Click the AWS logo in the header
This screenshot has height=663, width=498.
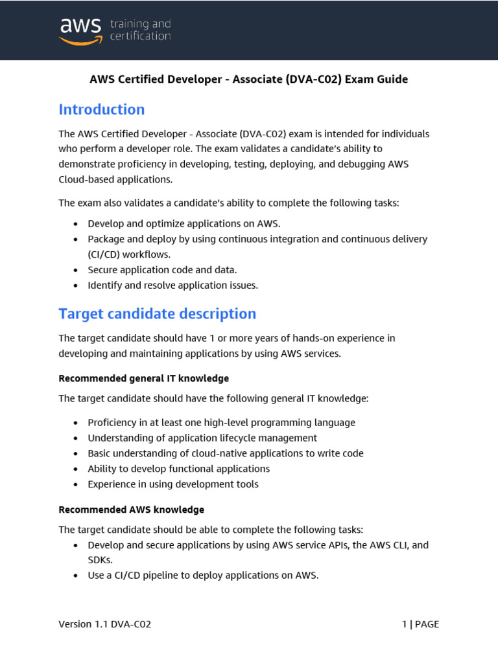(x=80, y=30)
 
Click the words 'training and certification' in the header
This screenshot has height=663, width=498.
(x=141, y=30)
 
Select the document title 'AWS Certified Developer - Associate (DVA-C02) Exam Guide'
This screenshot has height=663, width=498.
(x=248, y=79)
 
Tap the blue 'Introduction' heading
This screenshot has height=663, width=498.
(x=102, y=109)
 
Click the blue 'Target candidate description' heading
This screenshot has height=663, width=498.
(x=158, y=314)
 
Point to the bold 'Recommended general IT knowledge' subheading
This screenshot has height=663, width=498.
(x=143, y=378)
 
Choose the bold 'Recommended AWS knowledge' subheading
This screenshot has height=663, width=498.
(x=131, y=510)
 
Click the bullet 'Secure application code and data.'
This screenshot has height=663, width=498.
(x=162, y=270)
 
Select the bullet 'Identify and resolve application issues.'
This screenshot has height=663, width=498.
(x=172, y=286)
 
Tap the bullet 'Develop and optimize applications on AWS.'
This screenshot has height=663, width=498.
(x=184, y=223)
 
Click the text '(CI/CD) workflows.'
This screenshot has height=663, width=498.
(x=129, y=254)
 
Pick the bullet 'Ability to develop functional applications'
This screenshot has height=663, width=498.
(x=178, y=469)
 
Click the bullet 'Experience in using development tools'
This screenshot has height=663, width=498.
(x=172, y=484)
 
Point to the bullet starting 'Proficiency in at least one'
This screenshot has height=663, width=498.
(x=221, y=423)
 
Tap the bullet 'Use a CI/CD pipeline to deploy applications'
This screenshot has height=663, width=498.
(x=203, y=575)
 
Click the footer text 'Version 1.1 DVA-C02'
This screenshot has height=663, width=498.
(x=105, y=625)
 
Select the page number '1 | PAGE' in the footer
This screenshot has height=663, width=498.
(x=420, y=625)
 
